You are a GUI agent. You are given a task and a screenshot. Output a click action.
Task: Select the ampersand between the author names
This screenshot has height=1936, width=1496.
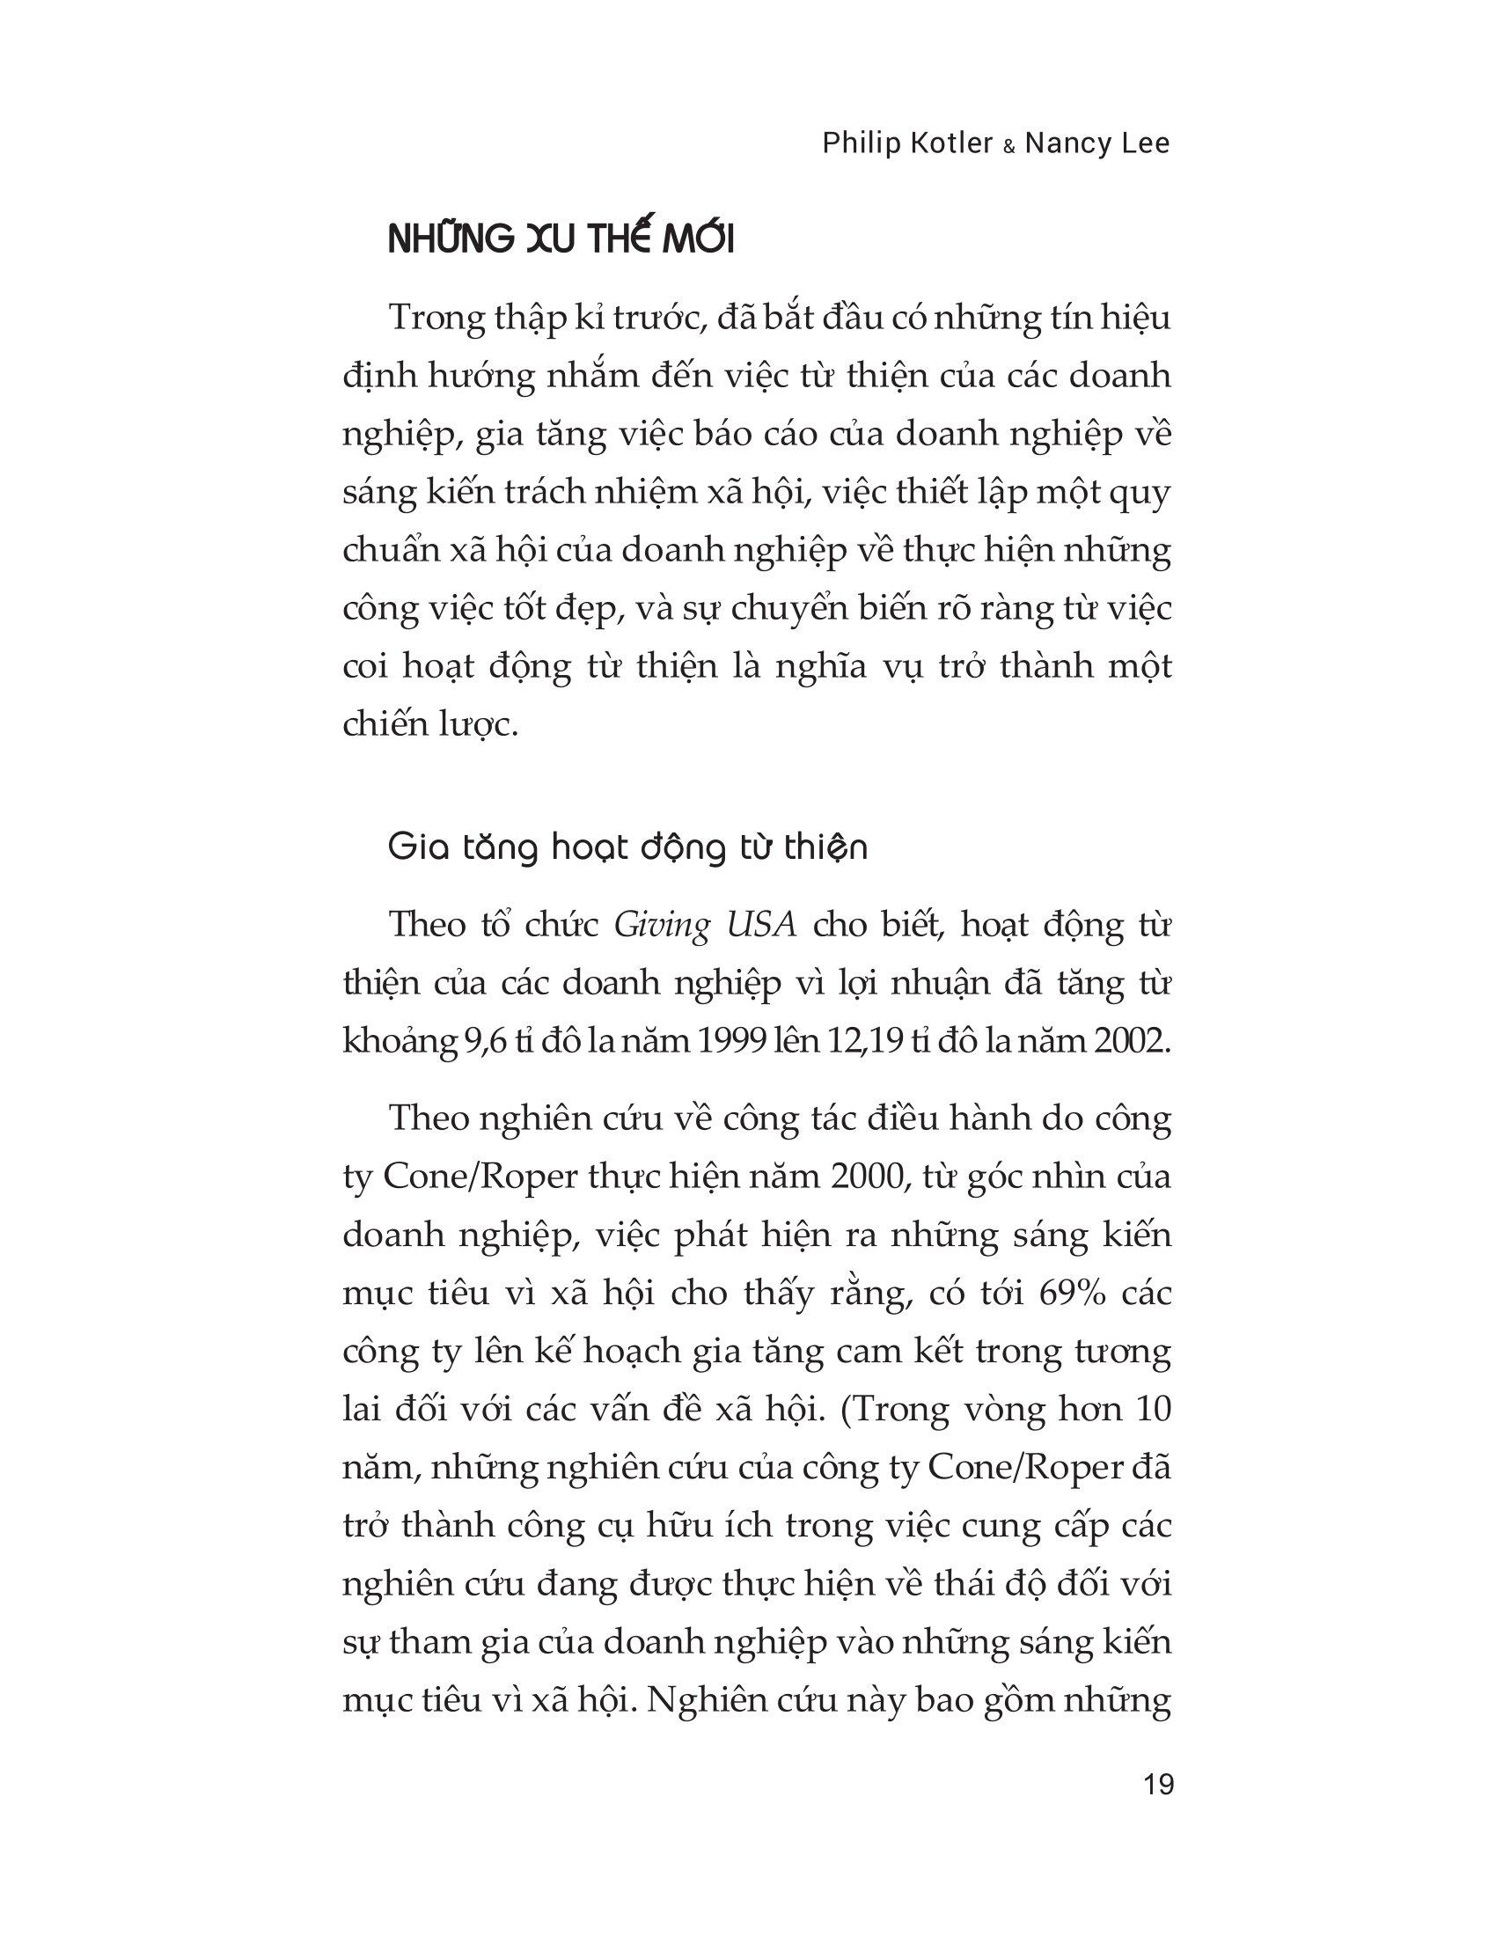click(1008, 147)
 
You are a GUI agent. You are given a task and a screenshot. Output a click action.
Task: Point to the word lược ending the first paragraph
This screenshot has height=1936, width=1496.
click(472, 725)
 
